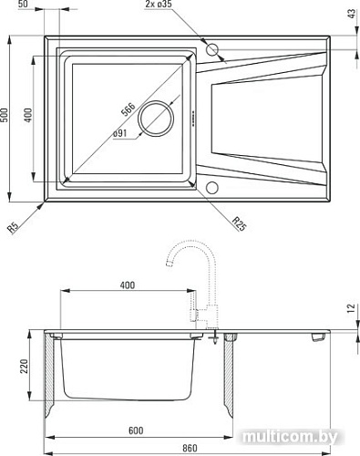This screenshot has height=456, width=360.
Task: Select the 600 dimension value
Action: click(135, 430)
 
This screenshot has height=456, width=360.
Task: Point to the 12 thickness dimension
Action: click(351, 309)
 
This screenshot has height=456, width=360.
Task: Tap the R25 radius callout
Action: click(239, 222)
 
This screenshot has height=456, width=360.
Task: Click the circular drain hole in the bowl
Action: click(155, 118)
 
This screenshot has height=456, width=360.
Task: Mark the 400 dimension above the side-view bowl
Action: click(127, 285)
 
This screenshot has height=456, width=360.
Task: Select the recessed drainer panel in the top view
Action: click(260, 119)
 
